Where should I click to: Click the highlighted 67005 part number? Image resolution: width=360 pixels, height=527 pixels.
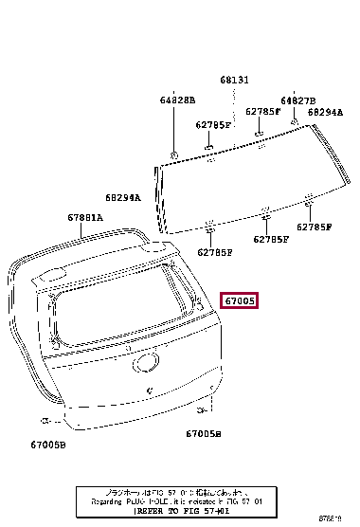coord(240,300)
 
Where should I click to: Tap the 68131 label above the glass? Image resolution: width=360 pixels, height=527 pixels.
coord(235,81)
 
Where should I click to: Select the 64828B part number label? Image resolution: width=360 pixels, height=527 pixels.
coord(177,100)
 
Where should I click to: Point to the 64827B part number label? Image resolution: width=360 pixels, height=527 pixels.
coord(297,100)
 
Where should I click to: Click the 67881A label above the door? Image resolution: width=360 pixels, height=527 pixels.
coord(84,217)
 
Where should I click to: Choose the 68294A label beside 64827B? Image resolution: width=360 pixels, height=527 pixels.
coord(325,112)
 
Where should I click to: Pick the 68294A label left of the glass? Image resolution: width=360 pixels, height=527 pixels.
coord(122,198)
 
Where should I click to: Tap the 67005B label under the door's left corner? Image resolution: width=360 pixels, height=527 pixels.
coord(47,443)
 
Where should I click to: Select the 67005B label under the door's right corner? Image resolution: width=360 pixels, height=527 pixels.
coord(204,433)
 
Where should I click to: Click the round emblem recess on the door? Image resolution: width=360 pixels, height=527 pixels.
coord(147,363)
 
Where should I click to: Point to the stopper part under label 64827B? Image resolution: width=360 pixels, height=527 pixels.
coord(295,122)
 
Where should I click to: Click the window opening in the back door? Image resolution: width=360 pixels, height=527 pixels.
coord(114,308)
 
